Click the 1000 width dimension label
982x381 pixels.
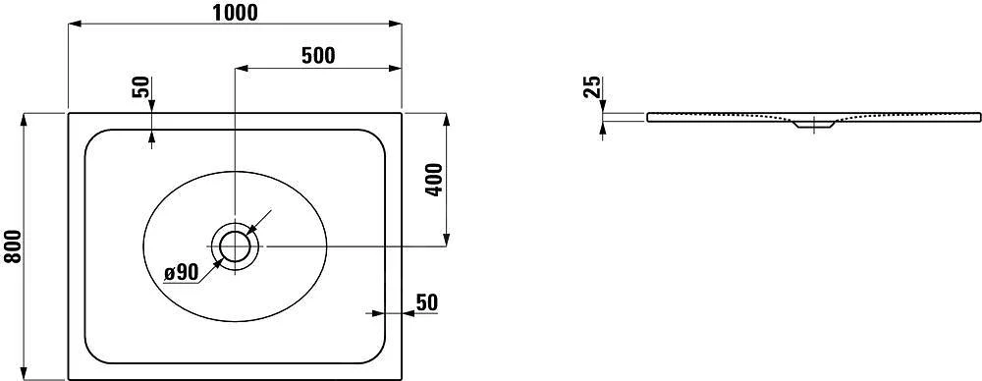[x=234, y=12]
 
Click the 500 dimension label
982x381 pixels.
[x=318, y=55]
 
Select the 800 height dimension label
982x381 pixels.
[x=12, y=246]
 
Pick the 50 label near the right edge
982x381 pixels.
[x=425, y=301]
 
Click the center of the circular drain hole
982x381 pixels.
[x=235, y=245]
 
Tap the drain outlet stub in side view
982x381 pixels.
[x=811, y=127]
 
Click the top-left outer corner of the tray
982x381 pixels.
[x=68, y=113]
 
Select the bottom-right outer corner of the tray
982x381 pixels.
[x=403, y=378]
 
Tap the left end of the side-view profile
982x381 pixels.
[x=648, y=117]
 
